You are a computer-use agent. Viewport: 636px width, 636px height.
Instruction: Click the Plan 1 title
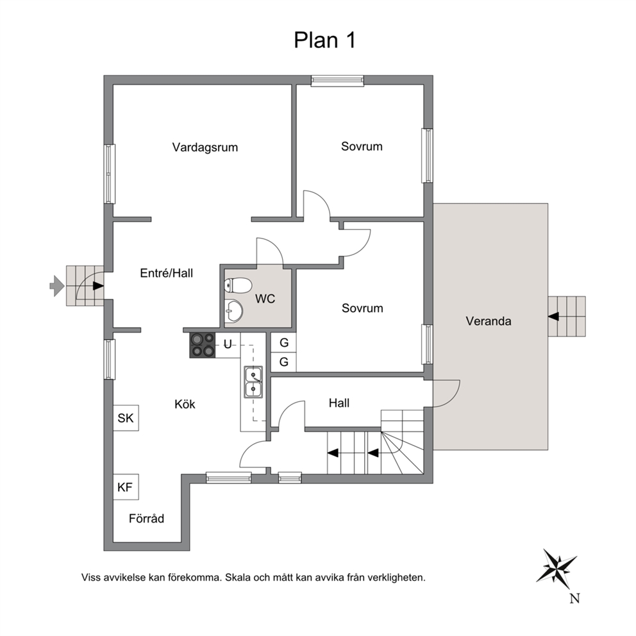(x=324, y=40)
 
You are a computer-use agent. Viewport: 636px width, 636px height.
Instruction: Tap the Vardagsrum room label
(x=205, y=147)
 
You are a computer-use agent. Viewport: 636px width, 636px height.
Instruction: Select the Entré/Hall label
(x=166, y=273)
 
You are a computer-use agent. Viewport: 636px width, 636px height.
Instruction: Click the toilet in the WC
(x=238, y=285)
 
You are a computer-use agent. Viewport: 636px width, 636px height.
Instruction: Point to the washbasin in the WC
(x=233, y=311)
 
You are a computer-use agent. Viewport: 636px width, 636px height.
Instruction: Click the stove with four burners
(x=203, y=345)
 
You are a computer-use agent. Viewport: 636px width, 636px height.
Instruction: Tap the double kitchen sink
(x=253, y=381)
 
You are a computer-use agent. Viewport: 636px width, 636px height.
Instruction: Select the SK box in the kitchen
(x=126, y=418)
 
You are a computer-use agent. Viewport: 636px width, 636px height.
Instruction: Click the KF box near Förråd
(x=126, y=487)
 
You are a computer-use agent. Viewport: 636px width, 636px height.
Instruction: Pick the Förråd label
(x=146, y=519)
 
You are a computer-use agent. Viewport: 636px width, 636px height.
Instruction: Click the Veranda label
(x=489, y=321)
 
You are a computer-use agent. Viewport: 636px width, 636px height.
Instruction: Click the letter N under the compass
(x=574, y=598)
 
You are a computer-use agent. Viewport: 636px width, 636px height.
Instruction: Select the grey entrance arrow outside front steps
(x=57, y=286)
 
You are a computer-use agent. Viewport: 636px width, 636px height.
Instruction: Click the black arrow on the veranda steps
(x=553, y=316)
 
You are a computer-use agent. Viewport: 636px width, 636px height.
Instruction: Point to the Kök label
(x=185, y=404)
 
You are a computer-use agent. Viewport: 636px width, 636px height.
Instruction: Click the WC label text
(x=265, y=299)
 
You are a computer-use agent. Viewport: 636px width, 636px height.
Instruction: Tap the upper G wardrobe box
(x=283, y=343)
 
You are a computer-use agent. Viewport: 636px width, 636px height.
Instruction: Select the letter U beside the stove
(x=228, y=344)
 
